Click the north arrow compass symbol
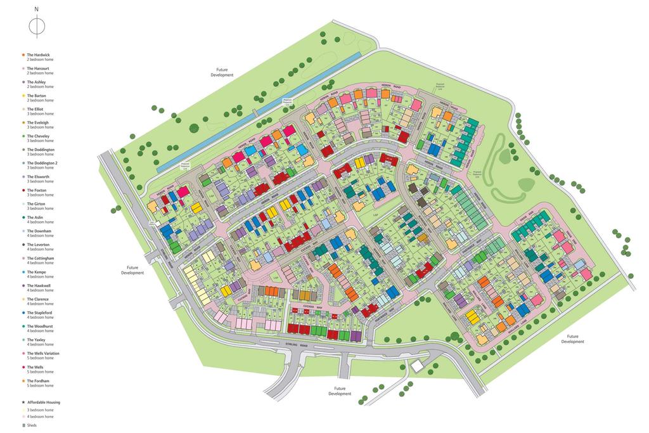tap(37, 27)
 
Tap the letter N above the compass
tap(37, 10)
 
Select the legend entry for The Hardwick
tap(38, 55)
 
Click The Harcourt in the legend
tap(38, 68)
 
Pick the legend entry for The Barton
tap(36, 96)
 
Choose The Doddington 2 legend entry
tap(42, 163)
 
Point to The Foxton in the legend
tap(36, 190)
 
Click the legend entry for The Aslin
tap(35, 217)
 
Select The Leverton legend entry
tap(38, 245)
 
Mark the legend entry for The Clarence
tap(37, 299)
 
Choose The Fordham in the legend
tap(37, 380)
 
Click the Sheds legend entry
tap(31, 425)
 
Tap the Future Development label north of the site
tap(222, 72)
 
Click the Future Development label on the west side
tap(132, 270)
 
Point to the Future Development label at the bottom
tap(340, 391)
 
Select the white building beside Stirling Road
tap(418, 366)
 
